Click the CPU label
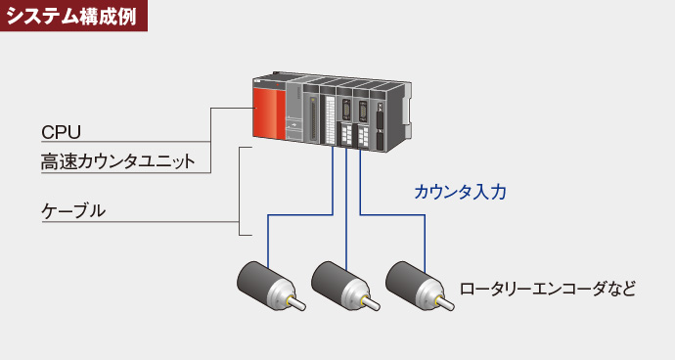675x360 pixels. click(x=61, y=132)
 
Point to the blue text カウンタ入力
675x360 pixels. click(x=460, y=193)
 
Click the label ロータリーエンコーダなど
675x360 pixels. click(x=548, y=289)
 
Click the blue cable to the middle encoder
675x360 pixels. click(x=346, y=215)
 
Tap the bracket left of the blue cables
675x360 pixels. click(x=241, y=191)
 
